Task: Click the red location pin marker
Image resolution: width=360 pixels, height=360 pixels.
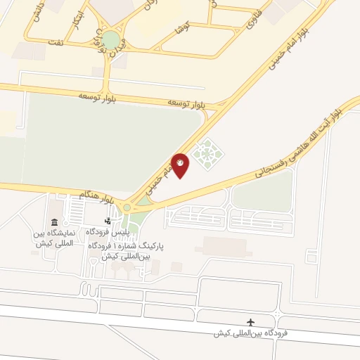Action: (x=180, y=165)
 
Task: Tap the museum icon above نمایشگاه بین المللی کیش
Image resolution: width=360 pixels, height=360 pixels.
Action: (x=54, y=222)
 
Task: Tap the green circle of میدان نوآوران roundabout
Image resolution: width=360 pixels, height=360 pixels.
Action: (x=111, y=40)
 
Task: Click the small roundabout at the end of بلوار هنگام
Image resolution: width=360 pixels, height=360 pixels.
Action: (x=127, y=207)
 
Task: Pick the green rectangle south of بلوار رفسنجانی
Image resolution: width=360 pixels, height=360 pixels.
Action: (x=262, y=190)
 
